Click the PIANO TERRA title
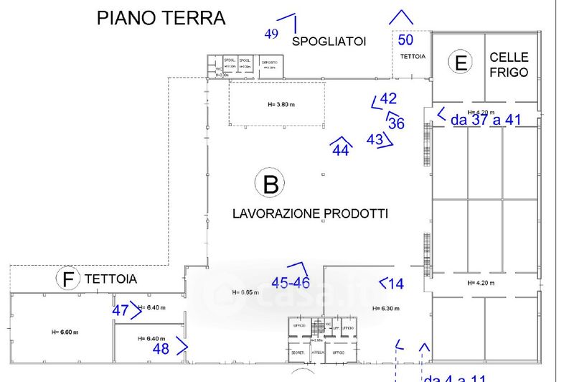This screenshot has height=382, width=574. pos(161,17)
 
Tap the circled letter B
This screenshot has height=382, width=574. pos(270,185)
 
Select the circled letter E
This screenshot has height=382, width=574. pos(460,62)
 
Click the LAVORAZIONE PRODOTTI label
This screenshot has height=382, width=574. pos(310,213)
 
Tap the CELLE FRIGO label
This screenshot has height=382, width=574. pos(509,65)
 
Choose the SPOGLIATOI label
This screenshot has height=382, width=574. pos(329,42)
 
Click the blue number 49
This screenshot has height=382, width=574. pos(271,34)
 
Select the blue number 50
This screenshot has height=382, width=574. pos(405,39)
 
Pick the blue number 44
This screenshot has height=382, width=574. pos(341,151)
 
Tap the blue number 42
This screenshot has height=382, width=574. pos(388,99)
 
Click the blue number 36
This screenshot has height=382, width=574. pos(396,123)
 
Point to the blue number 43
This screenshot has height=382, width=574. pos(375,139)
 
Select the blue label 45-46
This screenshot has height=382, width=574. pos(291,282)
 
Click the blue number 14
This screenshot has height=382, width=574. pos(396,284)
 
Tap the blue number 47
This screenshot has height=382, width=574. pos(121,311)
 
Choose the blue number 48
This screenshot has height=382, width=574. pos(161,348)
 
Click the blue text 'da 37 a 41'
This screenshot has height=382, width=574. pos(486,121)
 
